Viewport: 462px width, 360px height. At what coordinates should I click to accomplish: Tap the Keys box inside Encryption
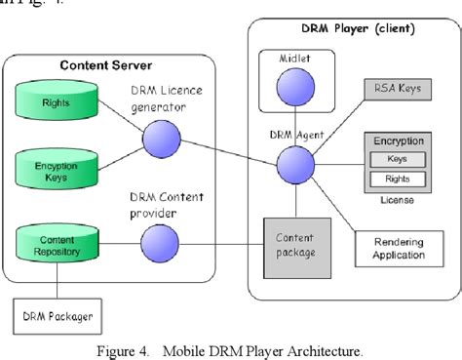coord(397,158)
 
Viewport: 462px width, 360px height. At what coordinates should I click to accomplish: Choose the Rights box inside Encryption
coord(397,179)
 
